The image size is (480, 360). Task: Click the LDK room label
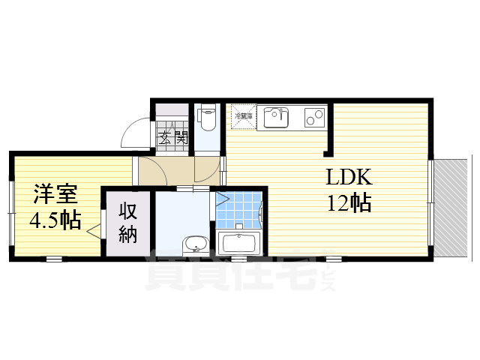[348, 178]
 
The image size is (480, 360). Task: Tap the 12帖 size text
[348, 202]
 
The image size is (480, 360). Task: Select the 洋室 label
[55, 195]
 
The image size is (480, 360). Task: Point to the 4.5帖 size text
[55, 221]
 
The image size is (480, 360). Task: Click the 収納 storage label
[127, 222]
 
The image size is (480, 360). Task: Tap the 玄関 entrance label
[172, 138]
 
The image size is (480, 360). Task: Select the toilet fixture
[207, 116]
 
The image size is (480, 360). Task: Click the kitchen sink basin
[275, 117]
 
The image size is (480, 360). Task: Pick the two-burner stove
[315, 117]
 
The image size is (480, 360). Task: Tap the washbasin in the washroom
[196, 244]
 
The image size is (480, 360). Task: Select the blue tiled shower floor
[238, 209]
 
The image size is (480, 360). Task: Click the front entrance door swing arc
[135, 131]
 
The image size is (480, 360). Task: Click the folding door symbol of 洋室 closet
[97, 226]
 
